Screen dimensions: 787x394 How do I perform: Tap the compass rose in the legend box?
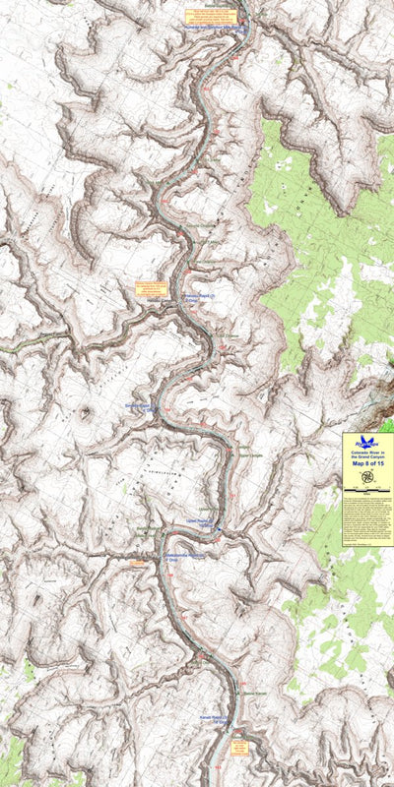367,478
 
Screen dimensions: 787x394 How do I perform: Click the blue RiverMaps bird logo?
367,443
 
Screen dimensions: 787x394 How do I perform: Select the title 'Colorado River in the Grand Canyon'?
367,454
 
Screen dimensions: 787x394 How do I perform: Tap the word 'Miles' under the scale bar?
367,494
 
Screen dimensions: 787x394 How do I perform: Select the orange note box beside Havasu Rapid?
152,290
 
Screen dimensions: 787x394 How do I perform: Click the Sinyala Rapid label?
141,406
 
